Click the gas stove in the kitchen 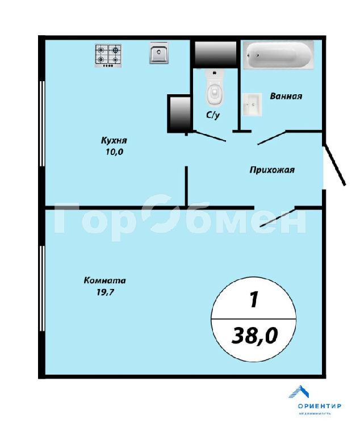108,56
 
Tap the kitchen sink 159,53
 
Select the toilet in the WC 214,87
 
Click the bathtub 279,54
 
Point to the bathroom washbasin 252,104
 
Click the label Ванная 286,96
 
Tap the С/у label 213,115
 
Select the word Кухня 114,140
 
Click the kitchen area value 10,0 114,152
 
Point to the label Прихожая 272,170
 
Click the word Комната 104,280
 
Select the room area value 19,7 106,292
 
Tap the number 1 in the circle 253,300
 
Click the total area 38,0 254,336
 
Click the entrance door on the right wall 334,165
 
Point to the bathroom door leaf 272,137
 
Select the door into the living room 277,218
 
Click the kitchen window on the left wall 42,123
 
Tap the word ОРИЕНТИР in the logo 319,406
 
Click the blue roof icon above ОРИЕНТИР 299,392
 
